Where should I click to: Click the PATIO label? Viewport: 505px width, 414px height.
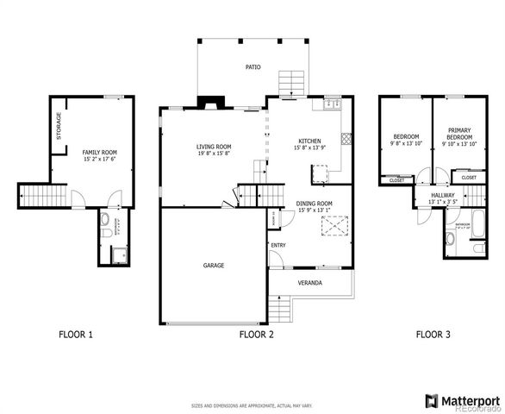click(x=253, y=66)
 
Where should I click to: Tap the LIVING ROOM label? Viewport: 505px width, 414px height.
click(x=213, y=147)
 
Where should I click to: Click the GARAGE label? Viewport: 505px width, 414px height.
click(x=214, y=266)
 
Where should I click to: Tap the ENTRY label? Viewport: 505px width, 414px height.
click(x=278, y=246)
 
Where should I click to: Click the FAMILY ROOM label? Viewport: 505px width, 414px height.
click(x=99, y=152)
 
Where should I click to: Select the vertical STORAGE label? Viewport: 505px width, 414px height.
click(x=59, y=126)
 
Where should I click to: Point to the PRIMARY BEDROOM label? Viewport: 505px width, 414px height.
click(x=458, y=134)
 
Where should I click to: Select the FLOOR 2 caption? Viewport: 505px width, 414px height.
click(x=256, y=334)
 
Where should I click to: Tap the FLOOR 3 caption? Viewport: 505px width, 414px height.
click(x=433, y=334)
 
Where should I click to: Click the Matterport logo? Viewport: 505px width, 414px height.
click(x=462, y=400)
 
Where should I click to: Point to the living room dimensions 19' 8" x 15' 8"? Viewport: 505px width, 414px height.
click(x=213, y=154)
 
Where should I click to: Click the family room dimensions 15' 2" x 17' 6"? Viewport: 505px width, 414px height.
click(x=99, y=159)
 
